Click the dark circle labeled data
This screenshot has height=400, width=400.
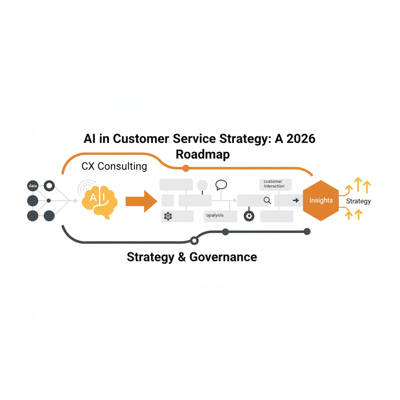(33, 186)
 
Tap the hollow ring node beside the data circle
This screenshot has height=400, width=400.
(49, 186)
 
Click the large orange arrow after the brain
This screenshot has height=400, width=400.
(141, 201)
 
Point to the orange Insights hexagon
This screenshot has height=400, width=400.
(321, 200)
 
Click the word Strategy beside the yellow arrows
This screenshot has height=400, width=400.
(358, 201)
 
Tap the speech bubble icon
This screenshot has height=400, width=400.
(221, 185)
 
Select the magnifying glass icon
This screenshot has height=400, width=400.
(267, 200)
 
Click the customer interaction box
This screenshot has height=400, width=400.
(276, 184)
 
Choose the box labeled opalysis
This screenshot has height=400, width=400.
(220, 216)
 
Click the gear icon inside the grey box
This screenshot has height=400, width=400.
(168, 216)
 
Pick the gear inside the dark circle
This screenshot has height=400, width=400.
(249, 216)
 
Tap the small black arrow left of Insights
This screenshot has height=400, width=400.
(296, 200)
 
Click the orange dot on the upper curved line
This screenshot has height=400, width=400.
(186, 168)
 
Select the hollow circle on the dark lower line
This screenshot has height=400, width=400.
(194, 241)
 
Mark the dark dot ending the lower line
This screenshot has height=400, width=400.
(307, 232)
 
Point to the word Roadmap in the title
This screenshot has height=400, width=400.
(203, 154)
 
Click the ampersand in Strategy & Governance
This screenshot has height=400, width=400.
(181, 257)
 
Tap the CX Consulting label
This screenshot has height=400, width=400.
(114, 166)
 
